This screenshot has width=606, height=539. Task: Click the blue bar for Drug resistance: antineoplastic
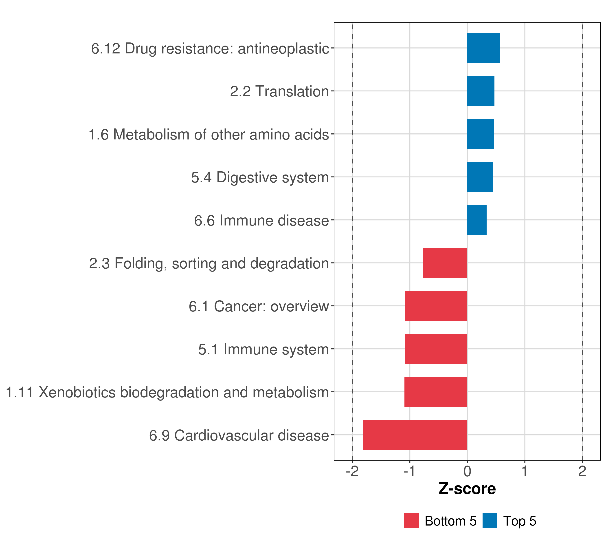[x=483, y=48]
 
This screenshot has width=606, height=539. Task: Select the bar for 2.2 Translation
[x=481, y=91]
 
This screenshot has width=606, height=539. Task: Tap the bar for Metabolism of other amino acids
[x=480, y=134]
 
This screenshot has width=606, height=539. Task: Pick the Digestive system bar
[x=480, y=177]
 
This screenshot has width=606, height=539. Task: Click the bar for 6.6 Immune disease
[x=477, y=220]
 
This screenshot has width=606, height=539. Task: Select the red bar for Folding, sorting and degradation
[x=445, y=263]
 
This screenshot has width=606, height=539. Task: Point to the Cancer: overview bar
[x=436, y=306]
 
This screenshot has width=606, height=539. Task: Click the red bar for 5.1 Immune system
[x=436, y=349]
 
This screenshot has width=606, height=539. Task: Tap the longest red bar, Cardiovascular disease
[x=415, y=435]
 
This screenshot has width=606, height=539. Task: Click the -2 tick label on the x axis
[x=352, y=471]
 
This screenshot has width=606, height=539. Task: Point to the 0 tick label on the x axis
[x=467, y=471]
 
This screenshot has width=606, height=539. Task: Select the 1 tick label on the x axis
[x=525, y=471]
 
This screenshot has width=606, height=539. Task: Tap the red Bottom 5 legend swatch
[x=411, y=521]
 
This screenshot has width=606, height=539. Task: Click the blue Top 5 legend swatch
[x=490, y=521]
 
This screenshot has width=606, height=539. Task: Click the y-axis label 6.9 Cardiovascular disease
[x=239, y=435]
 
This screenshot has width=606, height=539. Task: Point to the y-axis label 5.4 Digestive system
[x=260, y=177]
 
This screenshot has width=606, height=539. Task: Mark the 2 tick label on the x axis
[x=582, y=471]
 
